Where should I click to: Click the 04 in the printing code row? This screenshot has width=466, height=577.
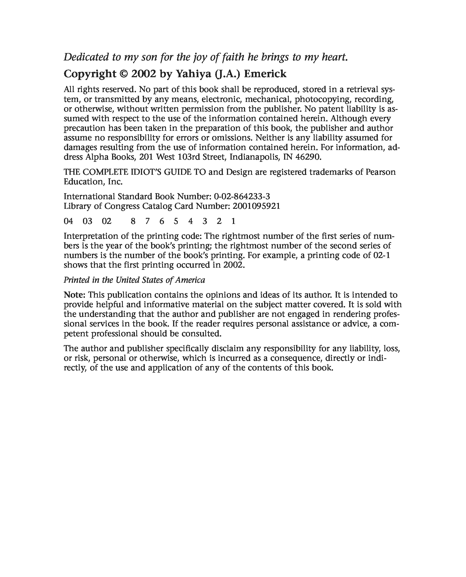[x=68, y=221]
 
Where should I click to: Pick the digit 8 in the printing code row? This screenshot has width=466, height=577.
[x=133, y=221]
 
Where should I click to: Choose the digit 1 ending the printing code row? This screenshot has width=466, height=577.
[x=233, y=221]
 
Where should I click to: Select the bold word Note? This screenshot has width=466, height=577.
[x=75, y=295]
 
